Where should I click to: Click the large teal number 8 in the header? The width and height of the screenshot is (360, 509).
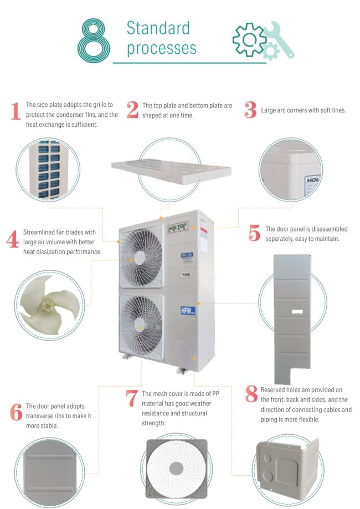pyautogui.click(x=94, y=40)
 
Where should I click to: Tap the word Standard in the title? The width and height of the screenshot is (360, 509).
pyautogui.click(x=158, y=28)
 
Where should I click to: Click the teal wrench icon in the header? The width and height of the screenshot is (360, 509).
pyautogui.click(x=279, y=39)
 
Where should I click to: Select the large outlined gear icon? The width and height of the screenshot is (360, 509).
pyautogui.click(x=249, y=40)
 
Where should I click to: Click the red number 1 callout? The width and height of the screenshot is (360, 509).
pyautogui.click(x=16, y=111)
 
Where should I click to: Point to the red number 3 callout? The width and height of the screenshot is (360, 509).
pyautogui.click(x=250, y=110)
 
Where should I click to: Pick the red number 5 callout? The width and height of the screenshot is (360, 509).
pyautogui.click(x=255, y=233)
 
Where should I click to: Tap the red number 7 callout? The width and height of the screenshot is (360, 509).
pyautogui.click(x=131, y=398)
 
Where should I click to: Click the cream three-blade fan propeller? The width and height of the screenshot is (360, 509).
pyautogui.click(x=49, y=305)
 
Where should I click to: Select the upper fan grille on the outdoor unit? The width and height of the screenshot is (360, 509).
pyautogui.click(x=141, y=256)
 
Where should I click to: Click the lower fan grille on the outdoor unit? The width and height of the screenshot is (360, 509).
pyautogui.click(x=141, y=327)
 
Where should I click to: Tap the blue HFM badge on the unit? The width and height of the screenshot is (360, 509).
pyautogui.click(x=188, y=311)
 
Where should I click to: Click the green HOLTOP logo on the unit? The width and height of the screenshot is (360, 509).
pyautogui.click(x=178, y=228)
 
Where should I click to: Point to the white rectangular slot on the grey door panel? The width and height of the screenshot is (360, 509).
pyautogui.click(x=297, y=312)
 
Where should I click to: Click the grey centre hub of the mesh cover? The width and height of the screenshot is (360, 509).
pyautogui.click(x=176, y=468)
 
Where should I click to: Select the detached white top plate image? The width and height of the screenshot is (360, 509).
pyautogui.click(x=171, y=171)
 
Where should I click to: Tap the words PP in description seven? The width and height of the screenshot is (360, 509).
pyautogui.click(x=215, y=393)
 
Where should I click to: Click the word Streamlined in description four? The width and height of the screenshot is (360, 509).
pyautogui.click(x=40, y=232)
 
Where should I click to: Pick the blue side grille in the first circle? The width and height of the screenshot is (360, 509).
pyautogui.click(x=49, y=170)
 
